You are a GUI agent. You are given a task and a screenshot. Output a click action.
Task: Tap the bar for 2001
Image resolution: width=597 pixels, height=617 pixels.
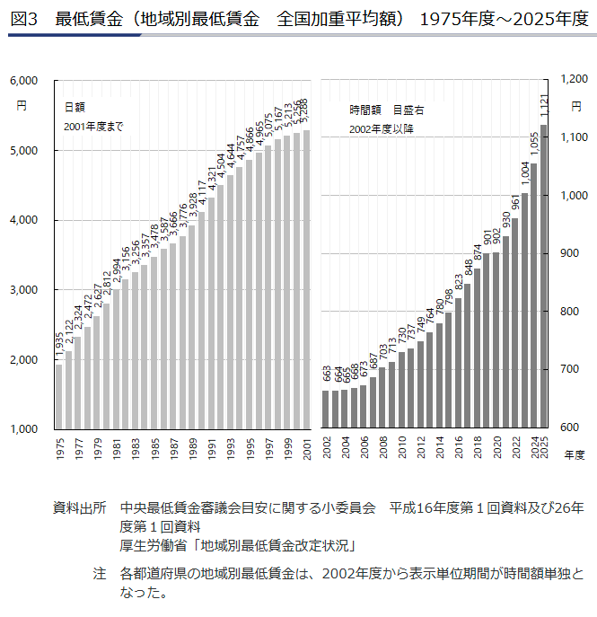click(306, 279)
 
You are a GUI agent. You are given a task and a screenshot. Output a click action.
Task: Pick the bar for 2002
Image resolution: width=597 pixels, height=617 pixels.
click(326, 409)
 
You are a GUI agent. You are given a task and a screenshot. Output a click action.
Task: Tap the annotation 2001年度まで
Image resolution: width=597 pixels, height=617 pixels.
click(93, 126)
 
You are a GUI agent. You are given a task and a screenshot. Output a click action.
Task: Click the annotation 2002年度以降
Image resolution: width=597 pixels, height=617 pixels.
click(382, 128)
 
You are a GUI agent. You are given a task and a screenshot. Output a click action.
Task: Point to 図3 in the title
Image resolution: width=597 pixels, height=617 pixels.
click(22, 18)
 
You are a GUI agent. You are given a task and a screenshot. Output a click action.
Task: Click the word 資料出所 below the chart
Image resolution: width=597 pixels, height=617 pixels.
click(79, 508)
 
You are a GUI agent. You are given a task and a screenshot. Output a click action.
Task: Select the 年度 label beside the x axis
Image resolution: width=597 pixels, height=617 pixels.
click(574, 456)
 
